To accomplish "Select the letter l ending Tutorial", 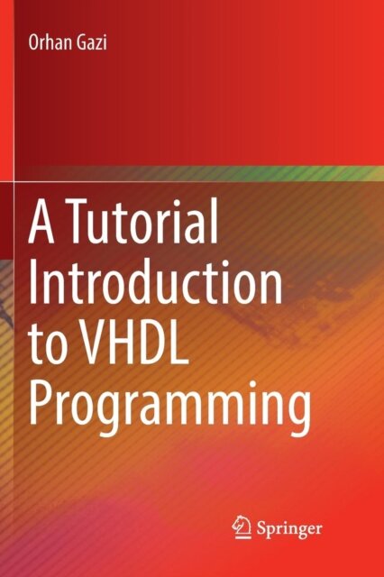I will [214, 222].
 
